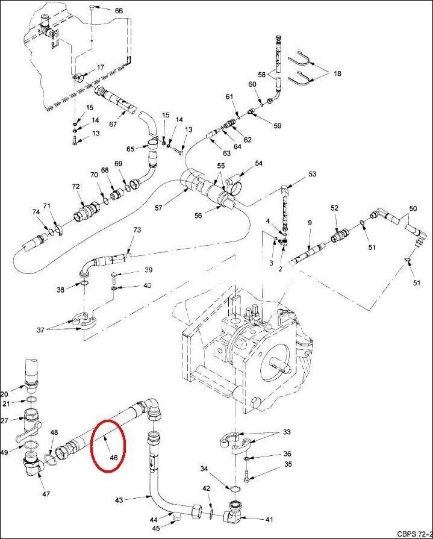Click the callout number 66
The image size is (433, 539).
tap(118, 11)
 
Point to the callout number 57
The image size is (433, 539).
tap(158, 208)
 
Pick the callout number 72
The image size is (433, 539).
tap(75, 187)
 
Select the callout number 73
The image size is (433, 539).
tap(137, 230)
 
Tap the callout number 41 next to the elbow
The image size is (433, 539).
tap(269, 519)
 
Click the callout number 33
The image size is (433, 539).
tap(287, 432)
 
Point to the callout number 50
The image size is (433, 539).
tap(413, 208)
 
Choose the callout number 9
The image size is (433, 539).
tap(310, 223)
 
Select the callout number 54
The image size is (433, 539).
tap(259, 163)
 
